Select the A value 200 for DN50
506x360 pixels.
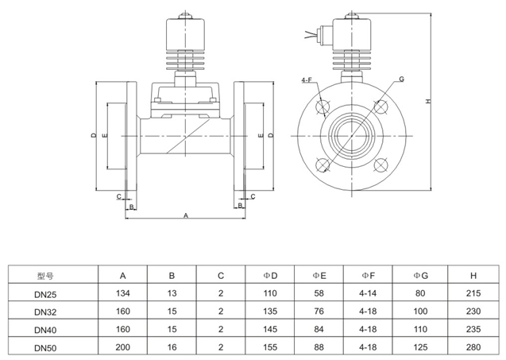click(123, 347)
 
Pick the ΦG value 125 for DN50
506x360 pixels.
click(420, 347)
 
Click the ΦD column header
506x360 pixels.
click(270, 276)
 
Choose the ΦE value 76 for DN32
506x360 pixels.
click(319, 312)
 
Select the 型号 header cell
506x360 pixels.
click(46, 277)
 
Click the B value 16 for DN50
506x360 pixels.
click(172, 347)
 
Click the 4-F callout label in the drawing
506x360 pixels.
click(307, 80)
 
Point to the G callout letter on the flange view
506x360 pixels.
click(402, 79)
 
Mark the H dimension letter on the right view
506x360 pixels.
click(428, 102)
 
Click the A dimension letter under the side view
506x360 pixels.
click(186, 215)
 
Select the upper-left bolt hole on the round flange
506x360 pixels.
click(323, 106)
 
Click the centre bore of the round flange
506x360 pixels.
click(351, 135)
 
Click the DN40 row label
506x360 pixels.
click(46, 329)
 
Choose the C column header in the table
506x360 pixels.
click(221, 276)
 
